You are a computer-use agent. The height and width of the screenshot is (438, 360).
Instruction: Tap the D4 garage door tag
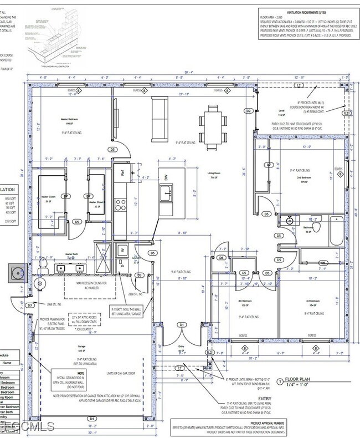pyautogui.click(x=92, y=418)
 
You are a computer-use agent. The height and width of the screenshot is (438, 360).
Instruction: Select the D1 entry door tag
pyautogui.click(x=181, y=324)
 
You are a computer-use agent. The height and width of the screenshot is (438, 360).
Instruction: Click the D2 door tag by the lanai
pyautogui.click(x=249, y=111)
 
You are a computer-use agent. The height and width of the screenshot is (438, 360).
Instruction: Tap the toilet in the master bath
pyautogui.click(x=39, y=283)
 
